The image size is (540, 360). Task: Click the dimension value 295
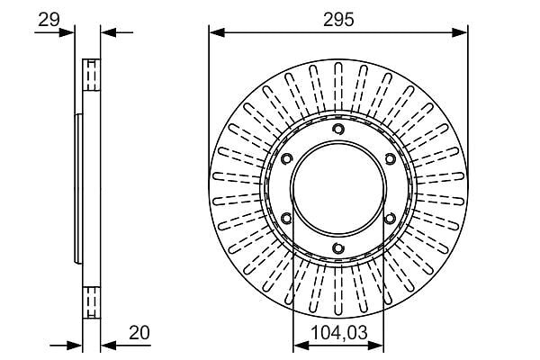pyautogui.click(x=338, y=20)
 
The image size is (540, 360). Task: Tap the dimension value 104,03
pyautogui.click(x=339, y=333)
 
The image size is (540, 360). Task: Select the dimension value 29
pyautogui.click(x=49, y=20)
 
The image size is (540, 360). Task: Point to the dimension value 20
pyautogui.click(x=139, y=333)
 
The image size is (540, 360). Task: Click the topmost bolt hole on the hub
pyautogui.click(x=338, y=130)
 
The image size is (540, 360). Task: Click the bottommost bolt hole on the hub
pyautogui.click(x=338, y=247)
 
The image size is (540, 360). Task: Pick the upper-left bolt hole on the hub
pyautogui.click(x=287, y=158)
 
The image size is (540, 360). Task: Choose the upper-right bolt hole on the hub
pyautogui.click(x=390, y=158)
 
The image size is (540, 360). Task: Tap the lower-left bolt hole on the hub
pyautogui.click(x=287, y=218)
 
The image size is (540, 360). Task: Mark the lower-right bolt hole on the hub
pyautogui.click(x=390, y=218)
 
